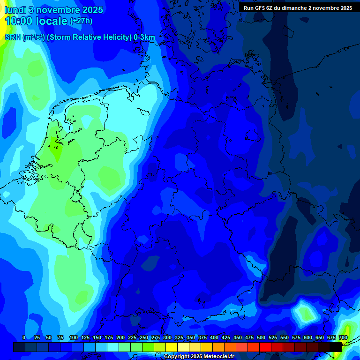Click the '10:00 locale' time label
pyautogui.click(x=36, y=21)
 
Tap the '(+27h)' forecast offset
pyautogui.click(x=81, y=21)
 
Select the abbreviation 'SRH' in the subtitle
pyautogui.click(x=13, y=37)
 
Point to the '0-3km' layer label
pyautogui.click(x=144, y=37)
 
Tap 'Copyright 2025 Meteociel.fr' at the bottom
pyautogui.click(x=199, y=357)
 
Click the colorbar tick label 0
pyautogui.click(x=24, y=337)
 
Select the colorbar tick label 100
pyautogui.click(x=74, y=337)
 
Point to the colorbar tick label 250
pyautogui.click(x=144, y=337)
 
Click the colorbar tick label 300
pyautogui.click(x=167, y=337)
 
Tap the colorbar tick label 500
pyautogui.click(x=261, y=337)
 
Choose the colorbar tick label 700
pyautogui.click(x=343, y=337)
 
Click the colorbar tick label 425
pyautogui.click(x=226, y=337)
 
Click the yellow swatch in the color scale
pyautogui.click(x=172, y=347)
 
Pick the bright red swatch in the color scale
pyautogui.click(x=265, y=347)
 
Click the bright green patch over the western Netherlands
pyautogui.click(x=57, y=152)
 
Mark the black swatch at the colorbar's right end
pyautogui.click(x=335, y=347)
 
